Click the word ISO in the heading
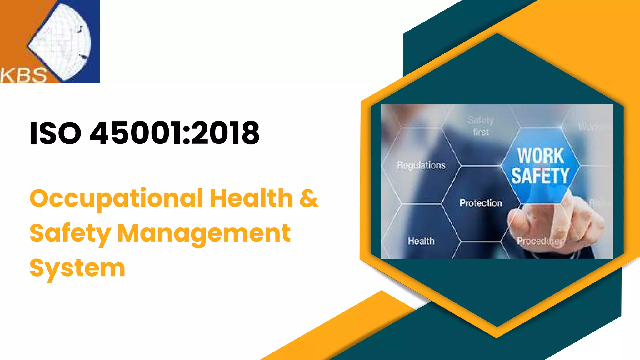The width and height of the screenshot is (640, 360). coord(55,133)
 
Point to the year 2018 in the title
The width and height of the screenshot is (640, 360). coord(225,133)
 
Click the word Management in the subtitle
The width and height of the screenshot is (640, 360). coord(204,233)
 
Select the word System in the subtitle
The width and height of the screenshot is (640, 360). coord(77,268)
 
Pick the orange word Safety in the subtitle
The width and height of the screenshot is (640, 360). coord(70,233)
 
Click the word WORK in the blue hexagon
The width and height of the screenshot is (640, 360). coord(541,156)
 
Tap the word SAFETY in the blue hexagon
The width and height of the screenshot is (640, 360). coord(540,176)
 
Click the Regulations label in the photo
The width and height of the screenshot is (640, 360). coord(421,165)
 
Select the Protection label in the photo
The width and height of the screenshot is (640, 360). coord(481,203)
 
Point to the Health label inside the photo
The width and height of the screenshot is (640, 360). coord(421,241)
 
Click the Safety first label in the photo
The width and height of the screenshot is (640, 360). coord(481,126)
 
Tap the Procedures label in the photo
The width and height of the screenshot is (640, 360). coord(540,241)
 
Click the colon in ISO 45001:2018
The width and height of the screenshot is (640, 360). coord(187,133)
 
